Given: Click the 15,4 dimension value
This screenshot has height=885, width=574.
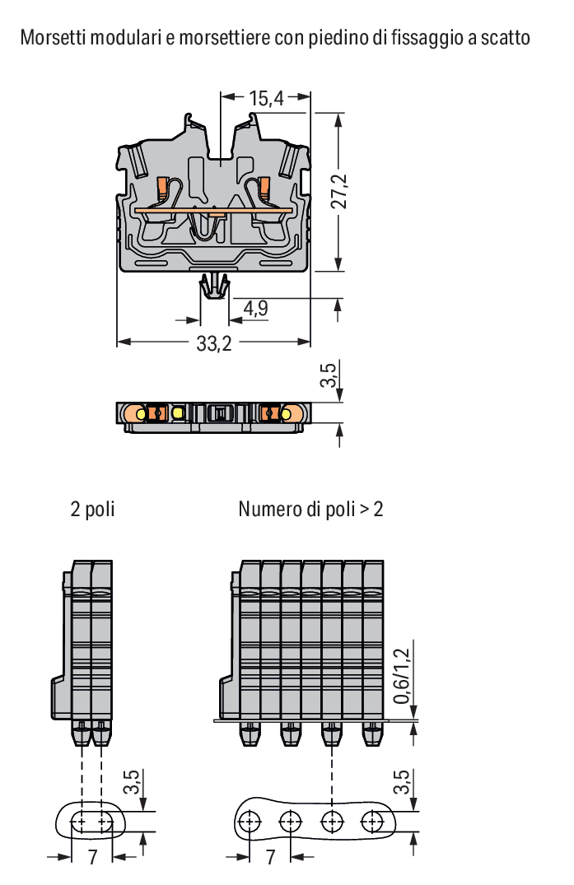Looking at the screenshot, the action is click(266, 98).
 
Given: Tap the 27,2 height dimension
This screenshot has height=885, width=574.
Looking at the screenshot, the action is click(340, 191).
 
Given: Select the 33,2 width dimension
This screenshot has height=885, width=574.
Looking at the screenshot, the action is click(214, 343).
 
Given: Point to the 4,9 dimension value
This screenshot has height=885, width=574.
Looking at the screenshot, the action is click(255, 308).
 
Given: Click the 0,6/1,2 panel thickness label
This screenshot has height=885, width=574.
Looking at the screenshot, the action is click(401, 676).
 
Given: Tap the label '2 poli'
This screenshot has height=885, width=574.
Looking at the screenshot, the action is click(92, 509).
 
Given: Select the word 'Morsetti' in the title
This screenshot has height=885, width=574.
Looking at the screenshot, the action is click(54, 38).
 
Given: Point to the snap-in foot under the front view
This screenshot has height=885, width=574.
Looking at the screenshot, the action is click(215, 286).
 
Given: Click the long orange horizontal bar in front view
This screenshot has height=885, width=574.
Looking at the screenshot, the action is click(213, 211).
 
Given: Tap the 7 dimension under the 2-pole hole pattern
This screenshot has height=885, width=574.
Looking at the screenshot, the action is click(92, 857).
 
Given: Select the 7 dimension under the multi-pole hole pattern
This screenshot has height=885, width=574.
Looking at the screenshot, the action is click(271, 857).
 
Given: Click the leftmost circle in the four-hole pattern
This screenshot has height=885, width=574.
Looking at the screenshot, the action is click(250, 822).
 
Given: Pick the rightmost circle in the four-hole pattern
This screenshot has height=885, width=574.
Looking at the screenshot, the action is click(372, 822).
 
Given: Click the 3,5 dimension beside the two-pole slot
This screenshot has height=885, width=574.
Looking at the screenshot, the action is click(132, 782).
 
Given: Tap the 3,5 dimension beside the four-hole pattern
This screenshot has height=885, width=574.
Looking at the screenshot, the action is click(401, 782).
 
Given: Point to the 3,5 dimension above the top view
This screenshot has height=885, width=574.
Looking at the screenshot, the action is click(329, 375).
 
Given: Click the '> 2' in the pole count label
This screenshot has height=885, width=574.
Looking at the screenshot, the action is click(371, 509).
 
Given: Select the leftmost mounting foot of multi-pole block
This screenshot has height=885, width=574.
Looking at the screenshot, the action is click(250, 734).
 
